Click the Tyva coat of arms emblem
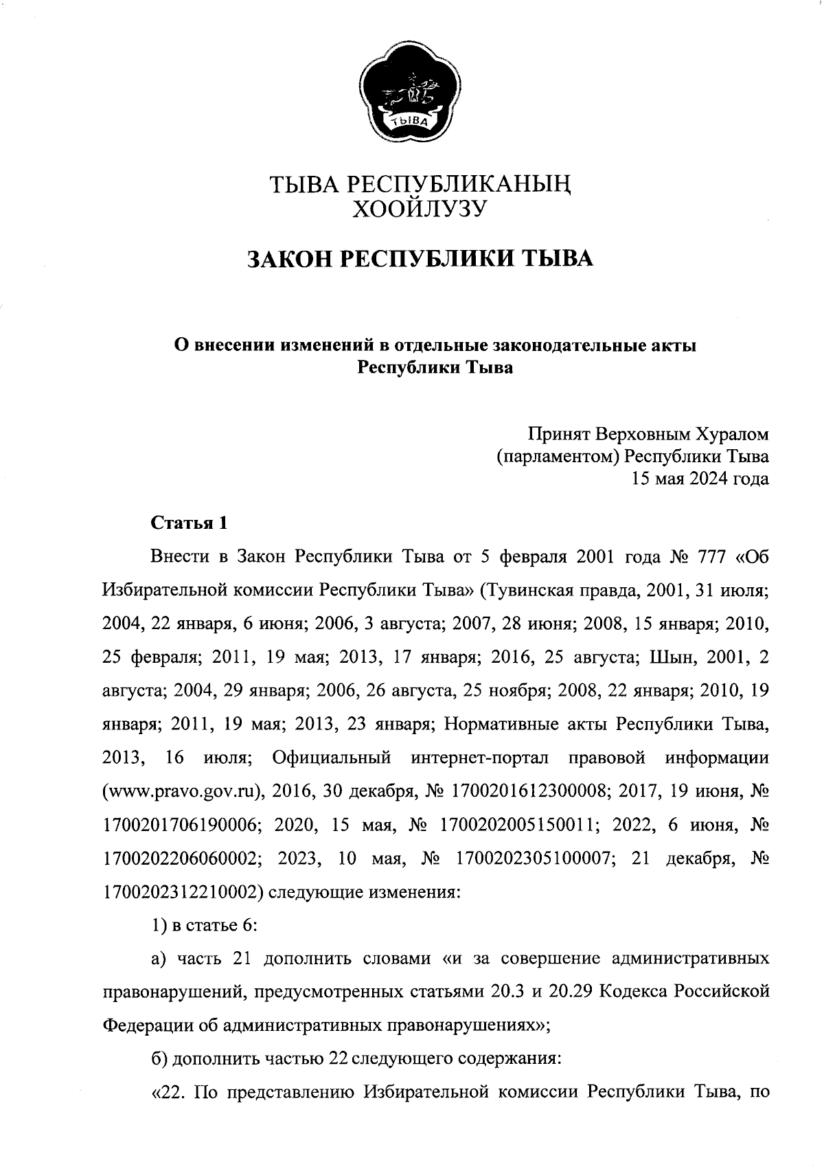pos(411,93)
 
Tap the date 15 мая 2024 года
pos(700,479)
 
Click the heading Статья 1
pos(189,523)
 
